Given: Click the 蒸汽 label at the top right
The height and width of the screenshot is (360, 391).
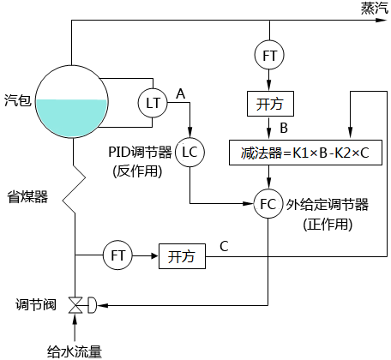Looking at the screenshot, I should (372, 8).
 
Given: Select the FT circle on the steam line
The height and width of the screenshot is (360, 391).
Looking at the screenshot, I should (270, 55).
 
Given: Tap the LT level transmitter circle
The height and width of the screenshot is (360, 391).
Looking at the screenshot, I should (153, 103).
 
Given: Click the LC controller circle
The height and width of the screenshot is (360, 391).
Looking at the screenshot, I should (189, 152).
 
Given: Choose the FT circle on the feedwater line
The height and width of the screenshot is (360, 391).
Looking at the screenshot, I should (117, 255).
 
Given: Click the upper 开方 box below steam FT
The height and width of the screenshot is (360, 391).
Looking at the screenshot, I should (270, 104).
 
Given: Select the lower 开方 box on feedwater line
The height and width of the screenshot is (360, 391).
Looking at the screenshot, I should (181, 255).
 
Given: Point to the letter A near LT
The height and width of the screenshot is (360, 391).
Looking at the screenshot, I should (180, 91).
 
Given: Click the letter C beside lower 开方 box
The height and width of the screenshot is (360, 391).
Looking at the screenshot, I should (224, 247).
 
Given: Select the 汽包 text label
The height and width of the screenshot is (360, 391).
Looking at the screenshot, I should (17, 100).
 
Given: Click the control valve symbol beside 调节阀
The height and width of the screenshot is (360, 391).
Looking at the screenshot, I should (77, 303).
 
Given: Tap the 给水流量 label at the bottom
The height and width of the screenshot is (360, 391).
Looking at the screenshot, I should (75, 351).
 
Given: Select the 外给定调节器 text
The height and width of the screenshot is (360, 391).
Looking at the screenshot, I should (328, 204).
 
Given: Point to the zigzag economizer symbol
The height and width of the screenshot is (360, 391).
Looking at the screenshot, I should (76, 183).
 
